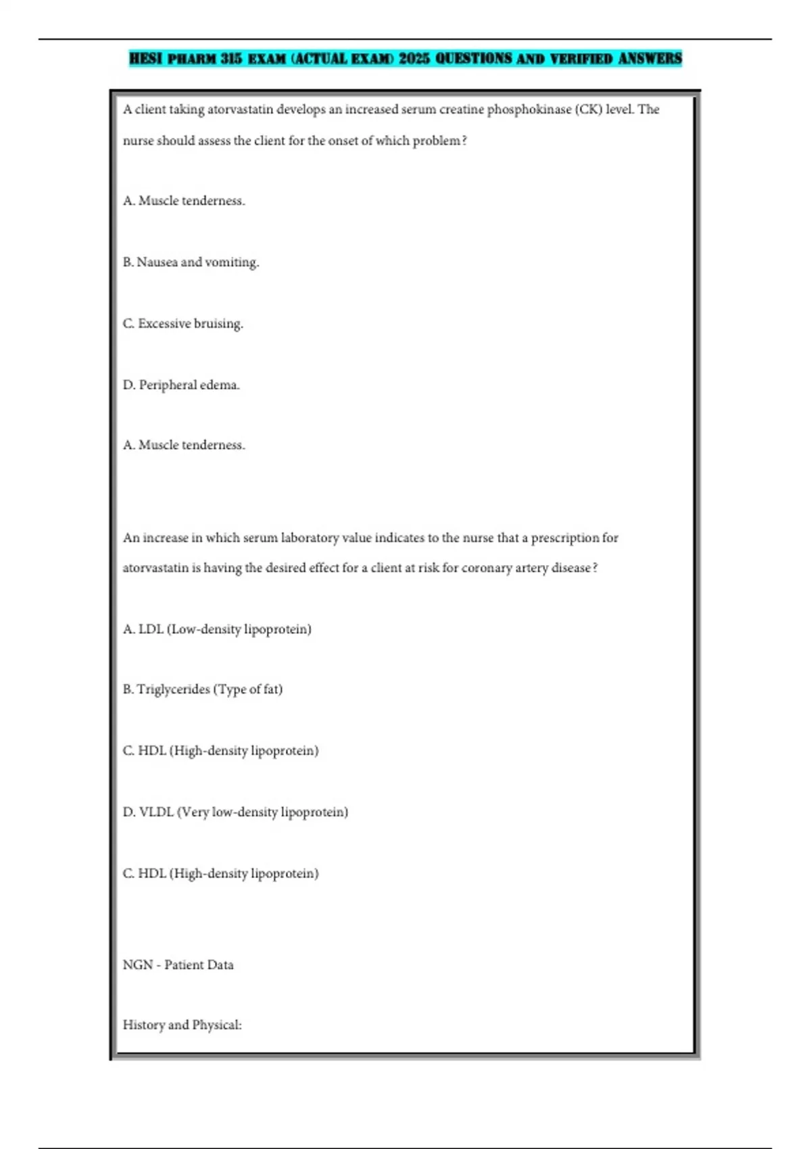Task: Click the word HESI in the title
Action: coord(145,59)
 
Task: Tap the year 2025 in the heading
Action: coord(414,59)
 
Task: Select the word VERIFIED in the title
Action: coord(581,59)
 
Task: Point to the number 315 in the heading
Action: coord(231,59)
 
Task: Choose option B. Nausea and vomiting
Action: coord(191,262)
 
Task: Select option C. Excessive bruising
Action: coord(183,324)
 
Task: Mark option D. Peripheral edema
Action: coord(182,385)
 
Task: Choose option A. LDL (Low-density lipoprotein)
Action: coord(217,629)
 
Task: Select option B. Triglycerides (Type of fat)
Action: coord(203,689)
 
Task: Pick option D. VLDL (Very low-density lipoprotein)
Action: coord(235,812)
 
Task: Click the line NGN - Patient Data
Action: coord(178,965)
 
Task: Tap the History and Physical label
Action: coord(182,1025)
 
